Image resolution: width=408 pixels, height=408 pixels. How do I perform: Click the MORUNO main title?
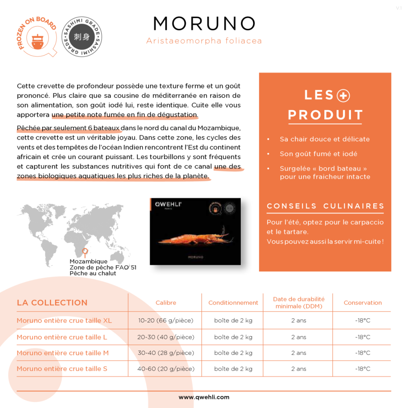point(204,24)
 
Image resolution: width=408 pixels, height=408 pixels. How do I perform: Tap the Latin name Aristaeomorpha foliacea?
point(204,41)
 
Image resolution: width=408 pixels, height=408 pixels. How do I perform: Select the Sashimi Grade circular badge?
point(82,37)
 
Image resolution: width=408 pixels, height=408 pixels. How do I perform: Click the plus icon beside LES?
point(344,96)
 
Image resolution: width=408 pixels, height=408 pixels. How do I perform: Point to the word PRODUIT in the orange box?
point(325,115)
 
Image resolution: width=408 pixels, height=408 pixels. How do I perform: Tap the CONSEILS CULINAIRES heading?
point(325,206)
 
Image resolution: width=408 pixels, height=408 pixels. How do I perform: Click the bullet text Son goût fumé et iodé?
point(318,154)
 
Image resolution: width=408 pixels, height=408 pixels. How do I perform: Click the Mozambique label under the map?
point(89,262)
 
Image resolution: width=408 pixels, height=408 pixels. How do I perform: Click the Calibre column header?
point(166,303)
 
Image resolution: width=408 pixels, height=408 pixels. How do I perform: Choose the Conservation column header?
point(362,303)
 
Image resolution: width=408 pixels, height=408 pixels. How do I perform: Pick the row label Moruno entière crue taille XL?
point(64,321)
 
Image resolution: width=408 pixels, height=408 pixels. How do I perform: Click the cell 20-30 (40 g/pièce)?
point(166,337)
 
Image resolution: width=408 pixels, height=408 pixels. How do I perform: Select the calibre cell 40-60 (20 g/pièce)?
point(166,369)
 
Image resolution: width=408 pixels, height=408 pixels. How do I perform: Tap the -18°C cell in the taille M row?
point(362,353)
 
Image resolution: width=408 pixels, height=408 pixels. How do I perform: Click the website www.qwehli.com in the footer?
point(204,397)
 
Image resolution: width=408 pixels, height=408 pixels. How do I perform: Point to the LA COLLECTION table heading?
point(52,303)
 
